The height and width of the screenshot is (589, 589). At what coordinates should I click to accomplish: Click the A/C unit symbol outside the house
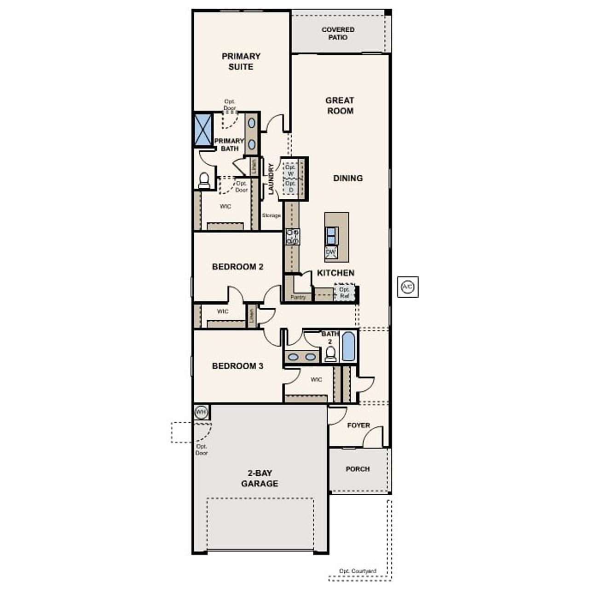click(x=408, y=287)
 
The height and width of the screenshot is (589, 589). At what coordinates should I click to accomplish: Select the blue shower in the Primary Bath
click(x=203, y=129)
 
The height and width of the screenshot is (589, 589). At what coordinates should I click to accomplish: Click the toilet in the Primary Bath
click(x=204, y=180)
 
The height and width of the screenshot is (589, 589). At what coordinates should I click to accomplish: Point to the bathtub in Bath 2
click(x=348, y=346)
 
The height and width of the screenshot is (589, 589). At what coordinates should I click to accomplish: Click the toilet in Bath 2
click(x=330, y=353)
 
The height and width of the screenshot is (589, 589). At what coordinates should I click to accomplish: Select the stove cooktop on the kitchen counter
click(x=293, y=237)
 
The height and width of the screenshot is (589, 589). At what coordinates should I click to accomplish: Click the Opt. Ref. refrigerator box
click(x=345, y=293)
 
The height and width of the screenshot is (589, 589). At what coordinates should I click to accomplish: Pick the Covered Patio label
click(x=338, y=33)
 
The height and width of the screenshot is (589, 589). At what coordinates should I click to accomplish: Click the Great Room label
click(x=340, y=105)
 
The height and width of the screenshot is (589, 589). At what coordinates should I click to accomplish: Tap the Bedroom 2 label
click(x=237, y=267)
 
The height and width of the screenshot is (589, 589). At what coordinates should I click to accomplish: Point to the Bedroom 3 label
click(x=237, y=366)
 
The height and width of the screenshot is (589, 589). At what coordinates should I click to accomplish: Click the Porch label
click(x=358, y=469)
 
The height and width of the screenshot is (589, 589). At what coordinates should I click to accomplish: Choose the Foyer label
click(x=358, y=425)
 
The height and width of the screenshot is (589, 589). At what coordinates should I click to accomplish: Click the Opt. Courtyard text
click(x=358, y=571)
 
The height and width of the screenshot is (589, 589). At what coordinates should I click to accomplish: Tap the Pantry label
click(x=298, y=297)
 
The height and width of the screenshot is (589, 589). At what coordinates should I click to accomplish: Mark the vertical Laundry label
click(x=271, y=179)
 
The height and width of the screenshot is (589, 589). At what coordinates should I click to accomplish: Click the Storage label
click(x=271, y=215)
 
